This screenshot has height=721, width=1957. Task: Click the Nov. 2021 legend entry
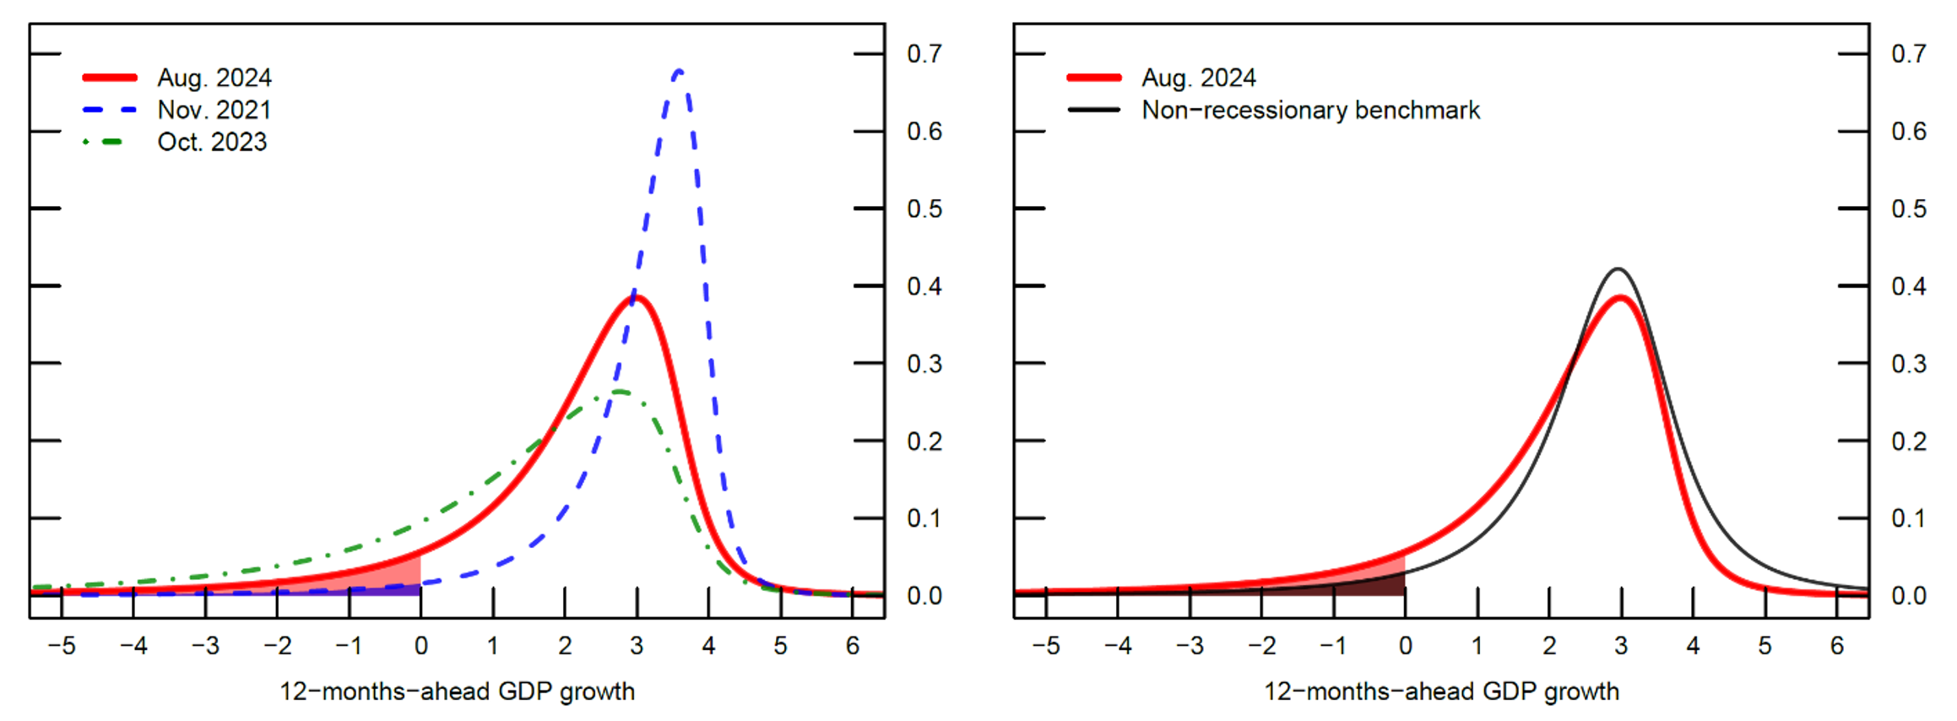pyautogui.click(x=214, y=110)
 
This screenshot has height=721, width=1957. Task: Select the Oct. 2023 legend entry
pyautogui.click(x=211, y=142)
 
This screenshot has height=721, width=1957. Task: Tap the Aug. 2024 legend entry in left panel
pyautogui.click(x=214, y=78)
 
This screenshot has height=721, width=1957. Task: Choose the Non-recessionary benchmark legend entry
pyautogui.click(x=1309, y=110)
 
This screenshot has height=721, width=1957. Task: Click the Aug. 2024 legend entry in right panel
pyautogui.click(x=1198, y=78)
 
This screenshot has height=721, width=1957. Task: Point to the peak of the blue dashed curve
pyautogui.click(x=679, y=71)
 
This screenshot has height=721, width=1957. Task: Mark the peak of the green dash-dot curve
pyautogui.click(x=620, y=392)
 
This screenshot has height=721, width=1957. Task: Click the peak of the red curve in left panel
pyautogui.click(x=637, y=296)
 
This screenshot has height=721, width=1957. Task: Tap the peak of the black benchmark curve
pyautogui.click(x=1618, y=269)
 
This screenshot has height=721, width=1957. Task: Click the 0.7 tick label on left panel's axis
pyautogui.click(x=924, y=54)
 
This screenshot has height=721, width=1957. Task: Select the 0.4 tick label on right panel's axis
pyautogui.click(x=1908, y=286)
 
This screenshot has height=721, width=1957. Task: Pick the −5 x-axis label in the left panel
pyautogui.click(x=61, y=646)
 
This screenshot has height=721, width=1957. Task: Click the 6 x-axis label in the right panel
pyautogui.click(x=1836, y=646)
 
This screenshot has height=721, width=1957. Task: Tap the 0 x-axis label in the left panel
pyautogui.click(x=420, y=646)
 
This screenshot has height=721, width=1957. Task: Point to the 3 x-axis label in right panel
pyautogui.click(x=1621, y=646)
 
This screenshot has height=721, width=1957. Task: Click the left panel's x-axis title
pyautogui.click(x=457, y=691)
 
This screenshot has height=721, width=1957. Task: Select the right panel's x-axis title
pyautogui.click(x=1441, y=691)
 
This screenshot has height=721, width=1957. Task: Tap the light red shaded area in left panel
pyautogui.click(x=397, y=574)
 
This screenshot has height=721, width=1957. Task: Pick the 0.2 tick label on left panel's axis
pyautogui.click(x=924, y=441)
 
